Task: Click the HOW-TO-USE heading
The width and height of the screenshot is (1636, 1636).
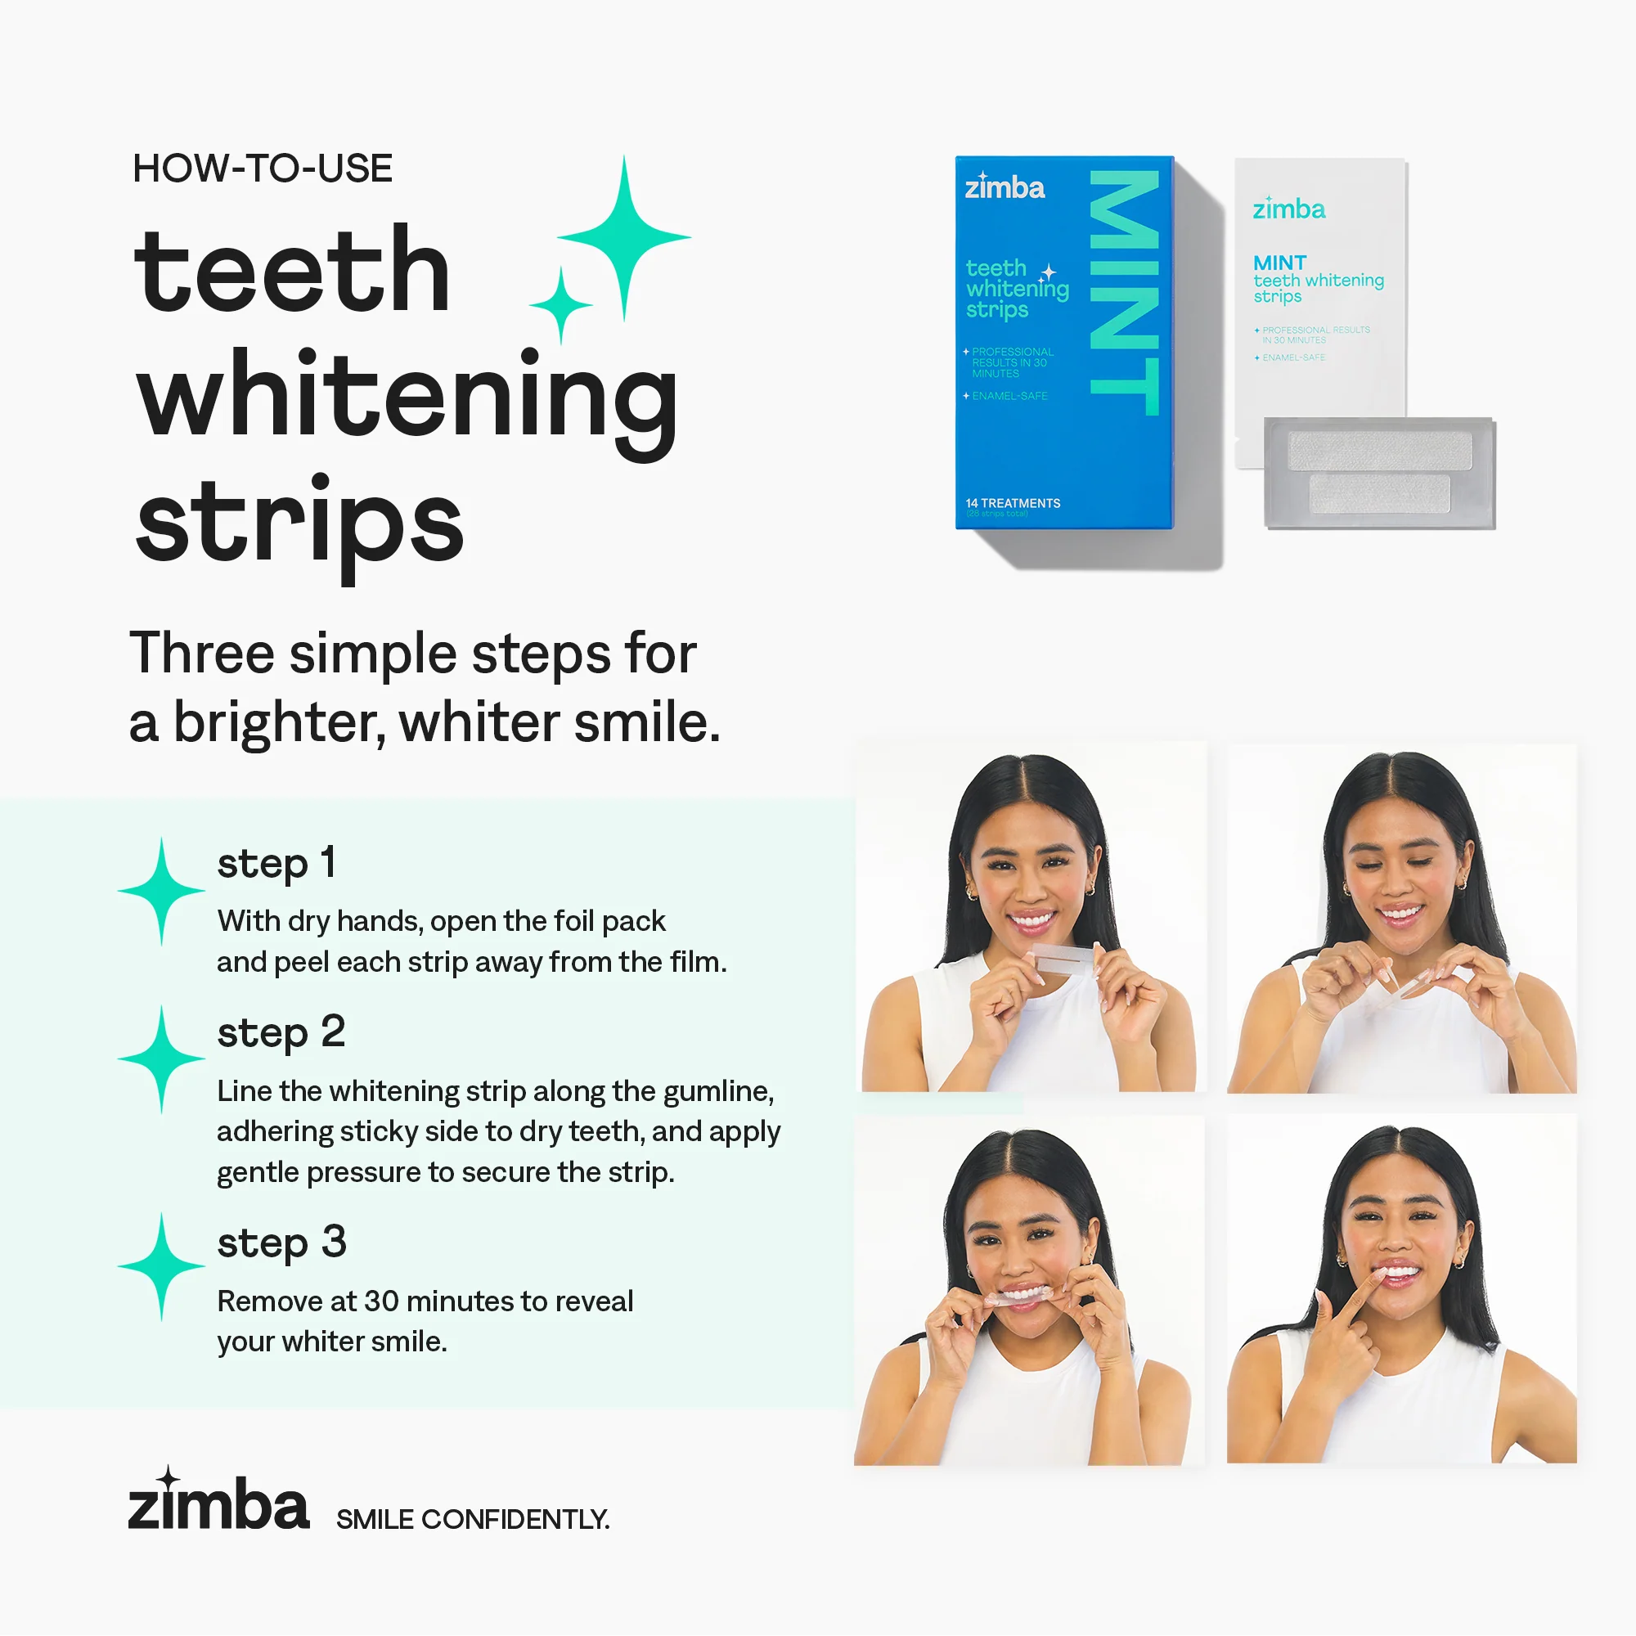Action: [x=263, y=169]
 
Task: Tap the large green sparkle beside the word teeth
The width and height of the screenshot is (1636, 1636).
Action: [x=624, y=238]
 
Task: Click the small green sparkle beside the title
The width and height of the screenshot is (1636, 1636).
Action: [x=560, y=305]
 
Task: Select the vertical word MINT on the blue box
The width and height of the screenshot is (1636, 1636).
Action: [x=1124, y=293]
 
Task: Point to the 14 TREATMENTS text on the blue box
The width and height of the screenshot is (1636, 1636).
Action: [x=1013, y=503]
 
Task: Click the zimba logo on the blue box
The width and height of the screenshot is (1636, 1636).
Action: [x=1005, y=187]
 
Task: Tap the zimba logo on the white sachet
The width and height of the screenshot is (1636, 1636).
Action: [x=1289, y=209]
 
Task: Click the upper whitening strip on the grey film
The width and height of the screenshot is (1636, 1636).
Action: [x=1378, y=450]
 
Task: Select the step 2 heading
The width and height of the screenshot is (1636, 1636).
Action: [x=281, y=1032]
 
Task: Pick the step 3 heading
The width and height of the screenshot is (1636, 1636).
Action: [x=282, y=1243]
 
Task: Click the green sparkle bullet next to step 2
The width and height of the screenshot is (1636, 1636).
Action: [x=161, y=1058]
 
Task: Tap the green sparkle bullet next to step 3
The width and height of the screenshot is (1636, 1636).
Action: [x=161, y=1266]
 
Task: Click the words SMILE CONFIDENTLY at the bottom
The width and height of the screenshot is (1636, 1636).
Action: [x=473, y=1519]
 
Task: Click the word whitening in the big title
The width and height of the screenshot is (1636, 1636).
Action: [x=407, y=398]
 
